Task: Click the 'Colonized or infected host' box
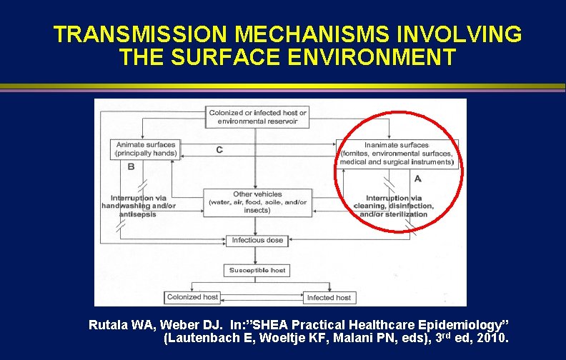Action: (x=257, y=117)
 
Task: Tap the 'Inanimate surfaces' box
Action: (x=397, y=154)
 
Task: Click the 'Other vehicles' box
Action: (x=257, y=202)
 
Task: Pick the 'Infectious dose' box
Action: (x=257, y=240)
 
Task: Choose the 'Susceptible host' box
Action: (x=257, y=271)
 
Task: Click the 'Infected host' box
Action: (x=329, y=297)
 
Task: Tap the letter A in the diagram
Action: (x=418, y=178)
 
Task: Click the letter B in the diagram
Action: (x=131, y=166)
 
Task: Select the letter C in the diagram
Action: (x=219, y=150)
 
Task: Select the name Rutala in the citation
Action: (x=109, y=325)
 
